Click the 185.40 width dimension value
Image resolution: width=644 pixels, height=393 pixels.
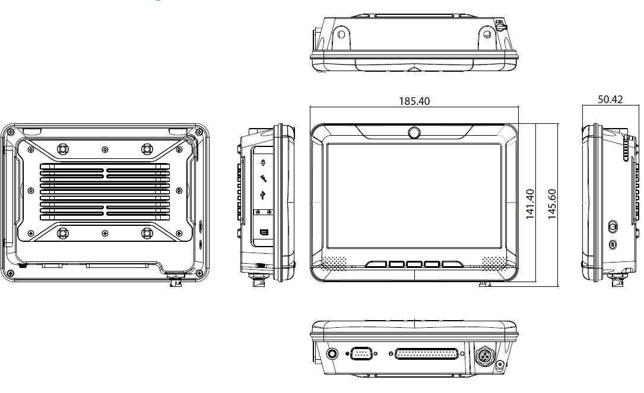(x=414, y=101)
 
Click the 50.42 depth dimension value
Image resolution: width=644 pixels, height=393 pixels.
(x=610, y=100)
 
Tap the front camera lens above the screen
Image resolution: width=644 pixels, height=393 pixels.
(x=414, y=133)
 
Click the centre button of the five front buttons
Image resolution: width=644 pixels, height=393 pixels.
(x=414, y=264)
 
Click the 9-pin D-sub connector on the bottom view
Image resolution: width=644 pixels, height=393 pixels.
(x=361, y=354)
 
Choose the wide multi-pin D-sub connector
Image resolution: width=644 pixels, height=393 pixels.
(x=426, y=354)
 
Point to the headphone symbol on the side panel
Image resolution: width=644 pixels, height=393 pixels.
(x=262, y=162)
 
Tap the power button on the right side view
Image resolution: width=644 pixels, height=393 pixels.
(x=613, y=226)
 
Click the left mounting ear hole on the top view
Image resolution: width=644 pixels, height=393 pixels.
(x=341, y=34)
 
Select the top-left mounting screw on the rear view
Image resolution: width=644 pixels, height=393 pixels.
(x=62, y=148)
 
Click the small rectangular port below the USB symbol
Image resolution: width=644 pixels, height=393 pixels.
(x=264, y=232)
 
